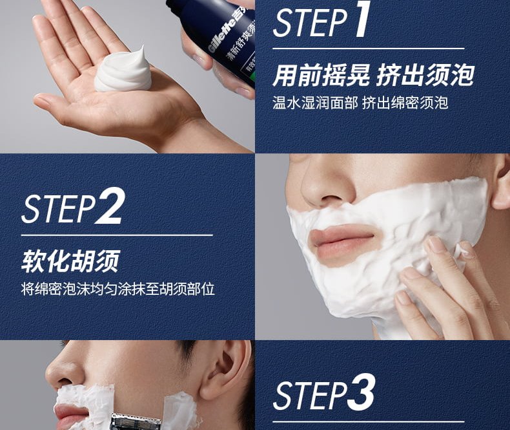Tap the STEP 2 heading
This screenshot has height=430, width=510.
(x=72, y=208)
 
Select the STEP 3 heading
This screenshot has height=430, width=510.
(x=324, y=394)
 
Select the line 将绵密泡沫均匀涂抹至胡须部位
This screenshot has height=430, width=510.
(x=117, y=288)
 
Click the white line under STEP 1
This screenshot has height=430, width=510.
(x=368, y=48)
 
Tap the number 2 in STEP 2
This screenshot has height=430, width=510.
(x=109, y=206)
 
